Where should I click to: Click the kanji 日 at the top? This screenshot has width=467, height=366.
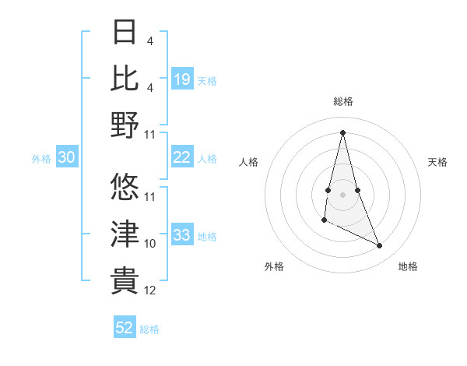(125, 33)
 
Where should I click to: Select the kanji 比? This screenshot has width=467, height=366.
(125, 79)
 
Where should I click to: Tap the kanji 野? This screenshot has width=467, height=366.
(125, 125)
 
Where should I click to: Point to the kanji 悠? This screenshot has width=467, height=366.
(125, 187)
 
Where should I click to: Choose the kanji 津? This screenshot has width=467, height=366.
(125, 233)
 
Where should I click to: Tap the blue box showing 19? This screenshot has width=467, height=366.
(182, 79)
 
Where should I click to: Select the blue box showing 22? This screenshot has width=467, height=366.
(182, 157)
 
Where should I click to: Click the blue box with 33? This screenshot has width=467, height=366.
(182, 235)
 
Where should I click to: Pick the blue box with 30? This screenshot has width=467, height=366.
(67, 157)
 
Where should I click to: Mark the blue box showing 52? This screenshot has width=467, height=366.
(125, 328)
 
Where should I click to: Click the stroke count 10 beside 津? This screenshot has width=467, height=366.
(150, 244)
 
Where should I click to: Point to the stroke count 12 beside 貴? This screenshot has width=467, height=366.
(150, 290)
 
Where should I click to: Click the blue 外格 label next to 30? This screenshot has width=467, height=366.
(41, 159)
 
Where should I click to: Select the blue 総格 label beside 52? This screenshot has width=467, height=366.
(149, 329)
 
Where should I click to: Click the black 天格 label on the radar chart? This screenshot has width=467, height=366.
(438, 162)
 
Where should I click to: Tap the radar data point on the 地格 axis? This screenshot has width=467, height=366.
(380, 246)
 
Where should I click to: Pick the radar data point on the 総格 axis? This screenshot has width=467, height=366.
(342, 132)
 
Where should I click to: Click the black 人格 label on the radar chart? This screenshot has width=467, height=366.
(248, 162)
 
